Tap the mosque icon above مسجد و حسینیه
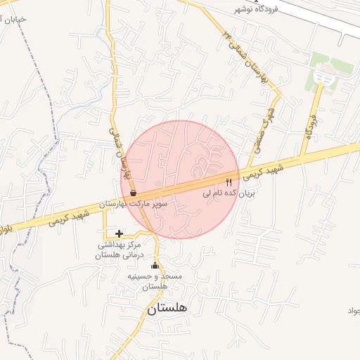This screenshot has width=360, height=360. coord(155,266)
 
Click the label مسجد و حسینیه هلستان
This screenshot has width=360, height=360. coord(155,281)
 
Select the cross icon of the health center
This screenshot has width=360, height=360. coord(119,233)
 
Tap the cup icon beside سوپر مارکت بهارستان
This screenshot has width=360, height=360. coord(133,192)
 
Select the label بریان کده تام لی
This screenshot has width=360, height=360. coord(227,192)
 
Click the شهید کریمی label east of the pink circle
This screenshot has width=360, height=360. coord(269,172)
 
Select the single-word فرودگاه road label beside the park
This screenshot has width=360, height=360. coord(310,124)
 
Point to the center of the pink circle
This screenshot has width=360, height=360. coord(181,179)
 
